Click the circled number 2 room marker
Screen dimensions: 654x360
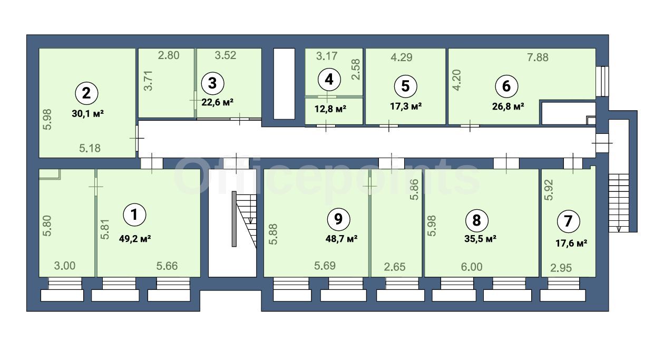click(87, 93)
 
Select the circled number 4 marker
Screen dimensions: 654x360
click(329, 80)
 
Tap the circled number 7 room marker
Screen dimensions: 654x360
click(568, 221)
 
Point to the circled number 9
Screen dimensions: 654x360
click(338, 219)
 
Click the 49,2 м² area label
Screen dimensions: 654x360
click(135, 239)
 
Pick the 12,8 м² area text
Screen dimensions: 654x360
click(330, 109)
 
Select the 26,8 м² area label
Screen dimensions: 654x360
click(508, 106)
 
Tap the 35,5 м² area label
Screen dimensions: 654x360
click(480, 239)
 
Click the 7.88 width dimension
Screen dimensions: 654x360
click(538, 57)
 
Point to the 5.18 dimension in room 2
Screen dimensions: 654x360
click(90, 148)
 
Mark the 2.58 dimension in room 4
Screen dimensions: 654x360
click(356, 70)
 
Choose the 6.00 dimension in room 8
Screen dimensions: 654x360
click(472, 267)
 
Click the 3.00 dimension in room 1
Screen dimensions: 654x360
click(64, 266)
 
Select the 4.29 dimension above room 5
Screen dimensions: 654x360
click(402, 57)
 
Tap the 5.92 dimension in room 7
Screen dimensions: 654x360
click(549, 190)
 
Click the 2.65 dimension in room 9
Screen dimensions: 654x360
click(395, 267)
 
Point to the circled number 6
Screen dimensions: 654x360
click(506, 86)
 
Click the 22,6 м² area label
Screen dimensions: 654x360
click(218, 102)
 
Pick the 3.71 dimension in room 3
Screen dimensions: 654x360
click(149, 81)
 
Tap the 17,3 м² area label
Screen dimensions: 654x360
click(406, 106)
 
